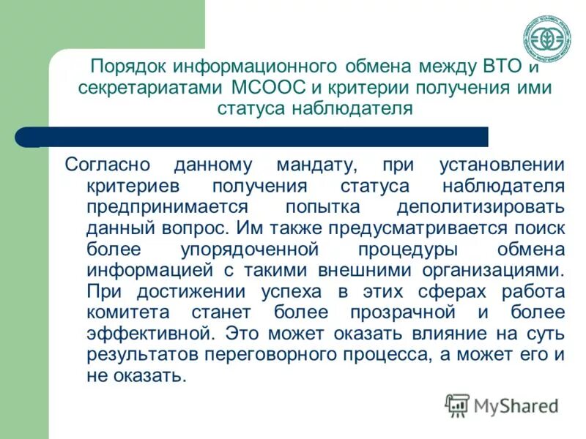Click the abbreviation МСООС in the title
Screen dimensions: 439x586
270,89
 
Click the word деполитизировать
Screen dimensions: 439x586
481,206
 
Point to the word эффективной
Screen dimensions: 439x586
150,334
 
